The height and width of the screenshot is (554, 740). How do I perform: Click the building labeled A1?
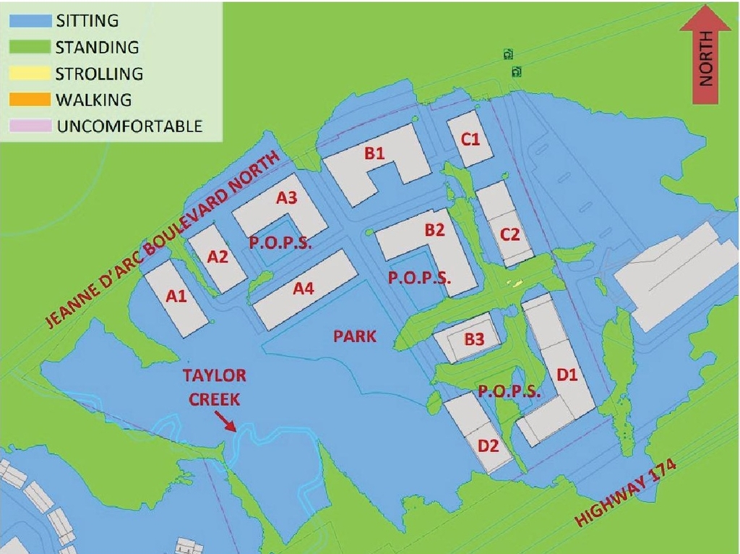coord(176,297)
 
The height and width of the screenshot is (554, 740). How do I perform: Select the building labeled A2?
coord(218,257)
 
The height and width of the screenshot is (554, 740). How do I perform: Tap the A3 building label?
coord(287,198)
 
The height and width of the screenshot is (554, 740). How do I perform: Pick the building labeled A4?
coord(304,290)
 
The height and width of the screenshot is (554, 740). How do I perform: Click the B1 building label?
coord(374,153)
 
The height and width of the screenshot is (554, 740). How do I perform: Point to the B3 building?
coord(473,337)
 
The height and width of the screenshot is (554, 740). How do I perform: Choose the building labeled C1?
coord(470,139)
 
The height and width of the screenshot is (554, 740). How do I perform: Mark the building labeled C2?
coord(509,234)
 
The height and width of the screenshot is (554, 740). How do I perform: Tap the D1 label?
coord(569,374)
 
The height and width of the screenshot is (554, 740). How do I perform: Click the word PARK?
coord(356,336)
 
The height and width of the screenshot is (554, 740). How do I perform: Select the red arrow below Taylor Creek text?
coord(229,422)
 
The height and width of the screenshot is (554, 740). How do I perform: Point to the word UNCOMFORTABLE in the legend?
coord(129,126)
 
